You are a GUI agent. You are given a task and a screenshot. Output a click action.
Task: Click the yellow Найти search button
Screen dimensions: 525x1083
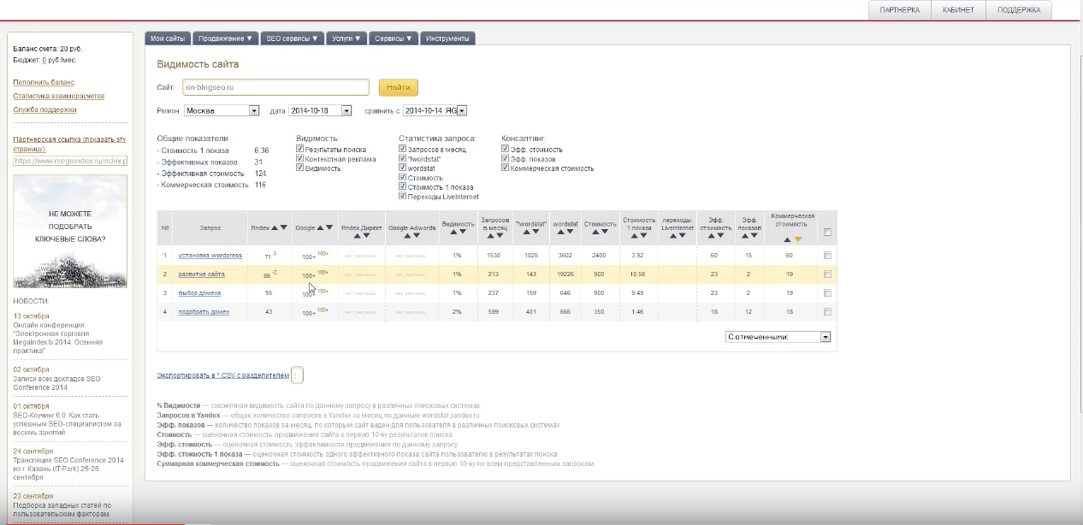[398, 87]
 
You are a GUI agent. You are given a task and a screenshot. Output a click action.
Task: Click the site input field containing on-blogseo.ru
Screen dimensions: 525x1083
[275, 87]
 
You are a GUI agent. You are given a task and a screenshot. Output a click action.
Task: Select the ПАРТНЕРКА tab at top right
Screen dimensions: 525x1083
[899, 9]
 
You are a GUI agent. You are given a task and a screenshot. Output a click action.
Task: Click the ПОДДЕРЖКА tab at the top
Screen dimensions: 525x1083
[1019, 9]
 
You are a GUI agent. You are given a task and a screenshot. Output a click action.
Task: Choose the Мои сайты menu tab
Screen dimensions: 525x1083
[168, 38]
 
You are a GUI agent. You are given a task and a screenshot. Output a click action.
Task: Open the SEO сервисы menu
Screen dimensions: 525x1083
[292, 38]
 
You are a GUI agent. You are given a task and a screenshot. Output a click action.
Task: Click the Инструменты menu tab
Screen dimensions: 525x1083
[447, 38]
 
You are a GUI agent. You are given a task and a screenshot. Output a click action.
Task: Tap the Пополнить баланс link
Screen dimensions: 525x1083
[44, 82]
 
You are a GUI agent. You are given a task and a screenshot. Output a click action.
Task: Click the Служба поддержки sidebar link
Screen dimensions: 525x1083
[44, 109]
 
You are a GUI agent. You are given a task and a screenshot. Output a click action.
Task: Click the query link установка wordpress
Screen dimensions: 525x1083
[210, 256]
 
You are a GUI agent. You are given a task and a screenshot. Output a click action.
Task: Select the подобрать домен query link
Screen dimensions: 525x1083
[204, 312]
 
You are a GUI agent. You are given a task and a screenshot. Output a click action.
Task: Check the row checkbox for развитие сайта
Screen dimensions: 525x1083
[827, 274]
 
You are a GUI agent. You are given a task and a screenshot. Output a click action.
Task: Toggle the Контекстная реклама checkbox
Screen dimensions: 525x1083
[300, 159]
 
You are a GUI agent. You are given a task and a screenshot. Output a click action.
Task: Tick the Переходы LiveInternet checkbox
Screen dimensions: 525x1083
[403, 197]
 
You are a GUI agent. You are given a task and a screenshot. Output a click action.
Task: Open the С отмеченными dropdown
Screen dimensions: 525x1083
[778, 337]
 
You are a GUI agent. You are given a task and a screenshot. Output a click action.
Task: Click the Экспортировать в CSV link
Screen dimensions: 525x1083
[222, 375]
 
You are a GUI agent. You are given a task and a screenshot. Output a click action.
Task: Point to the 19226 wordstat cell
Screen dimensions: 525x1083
[565, 274]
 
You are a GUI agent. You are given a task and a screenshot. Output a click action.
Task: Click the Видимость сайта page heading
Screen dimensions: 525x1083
[198, 64]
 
